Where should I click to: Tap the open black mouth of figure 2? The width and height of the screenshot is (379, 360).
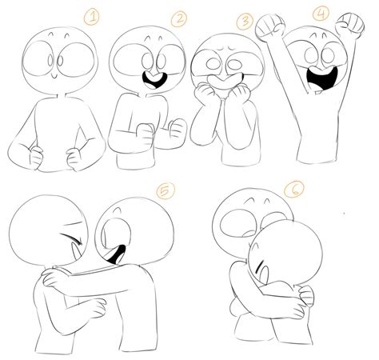(148, 80)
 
